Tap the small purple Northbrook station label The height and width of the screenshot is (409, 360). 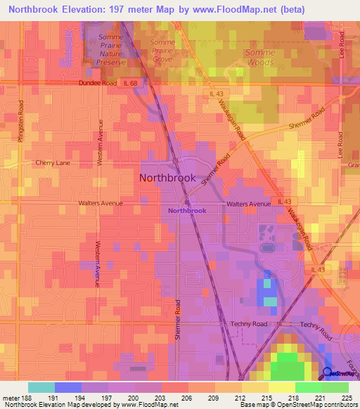pyautogui.click(x=187, y=210)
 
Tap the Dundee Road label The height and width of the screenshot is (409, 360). pyautogui.click(x=96, y=83)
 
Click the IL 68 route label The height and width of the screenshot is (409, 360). pyautogui.click(x=131, y=83)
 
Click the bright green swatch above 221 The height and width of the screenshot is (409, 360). pyautogui.click(x=308, y=387)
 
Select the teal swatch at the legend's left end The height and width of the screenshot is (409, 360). pyautogui.click(x=41, y=387)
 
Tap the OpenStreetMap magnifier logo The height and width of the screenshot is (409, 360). pyautogui.click(x=328, y=374)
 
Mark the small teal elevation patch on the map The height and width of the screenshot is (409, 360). pyautogui.click(x=271, y=301)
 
